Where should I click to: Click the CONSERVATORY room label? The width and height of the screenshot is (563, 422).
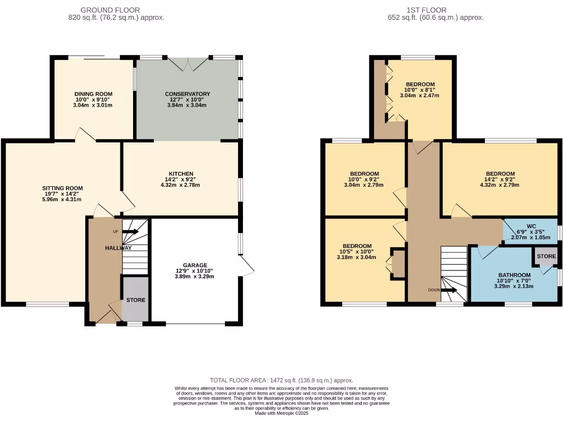[187, 94]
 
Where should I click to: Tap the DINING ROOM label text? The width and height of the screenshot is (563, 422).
[93, 94]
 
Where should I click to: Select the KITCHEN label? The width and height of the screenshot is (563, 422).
[181, 174]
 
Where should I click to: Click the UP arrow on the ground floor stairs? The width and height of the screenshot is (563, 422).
[130, 232]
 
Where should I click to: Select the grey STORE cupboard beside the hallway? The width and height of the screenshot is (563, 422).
[135, 299]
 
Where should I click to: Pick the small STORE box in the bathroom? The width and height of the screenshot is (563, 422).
[546, 257]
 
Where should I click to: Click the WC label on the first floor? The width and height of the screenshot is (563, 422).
[531, 226]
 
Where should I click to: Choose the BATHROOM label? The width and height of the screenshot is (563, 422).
[514, 275]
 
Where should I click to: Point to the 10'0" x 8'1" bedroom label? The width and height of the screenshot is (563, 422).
[420, 84]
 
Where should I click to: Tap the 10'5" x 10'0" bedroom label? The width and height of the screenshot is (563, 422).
[357, 246]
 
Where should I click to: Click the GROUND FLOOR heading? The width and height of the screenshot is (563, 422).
[110, 10]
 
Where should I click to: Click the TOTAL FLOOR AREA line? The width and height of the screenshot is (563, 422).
[281, 380]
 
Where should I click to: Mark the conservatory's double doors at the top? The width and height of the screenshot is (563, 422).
[187, 63]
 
